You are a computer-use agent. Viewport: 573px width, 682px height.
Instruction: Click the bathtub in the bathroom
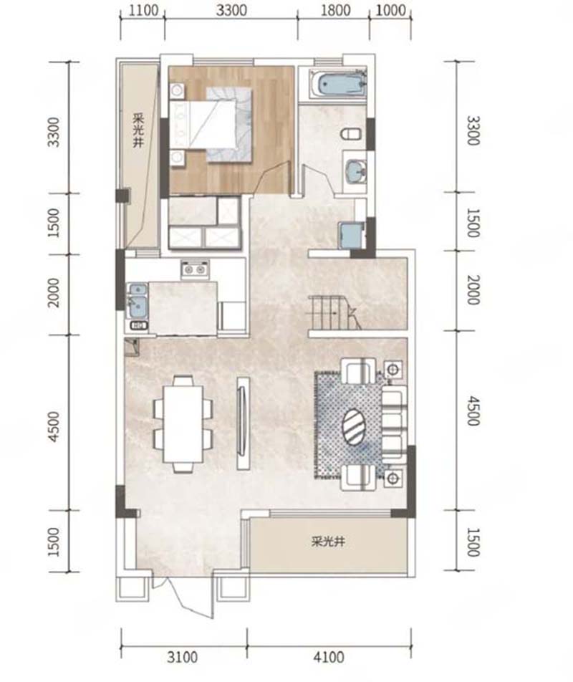(337, 85)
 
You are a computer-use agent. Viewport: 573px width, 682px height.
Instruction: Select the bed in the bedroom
(211, 125)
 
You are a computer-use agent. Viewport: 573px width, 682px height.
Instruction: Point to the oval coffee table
(355, 426)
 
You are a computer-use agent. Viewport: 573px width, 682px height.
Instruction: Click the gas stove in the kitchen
(194, 269)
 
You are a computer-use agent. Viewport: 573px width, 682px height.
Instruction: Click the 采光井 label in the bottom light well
(328, 542)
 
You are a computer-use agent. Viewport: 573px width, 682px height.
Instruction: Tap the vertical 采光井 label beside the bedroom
(138, 130)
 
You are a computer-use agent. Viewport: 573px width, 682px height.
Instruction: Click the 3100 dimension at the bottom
(183, 657)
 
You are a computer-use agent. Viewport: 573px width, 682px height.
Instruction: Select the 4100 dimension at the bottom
(329, 657)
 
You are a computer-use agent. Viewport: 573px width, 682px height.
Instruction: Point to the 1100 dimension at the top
(143, 10)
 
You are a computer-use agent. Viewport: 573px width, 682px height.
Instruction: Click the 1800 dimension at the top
(336, 10)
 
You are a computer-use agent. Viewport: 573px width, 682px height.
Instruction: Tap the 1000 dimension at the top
(391, 10)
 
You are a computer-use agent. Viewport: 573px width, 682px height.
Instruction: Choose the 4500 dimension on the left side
(54, 427)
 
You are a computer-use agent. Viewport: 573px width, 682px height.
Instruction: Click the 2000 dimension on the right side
(473, 289)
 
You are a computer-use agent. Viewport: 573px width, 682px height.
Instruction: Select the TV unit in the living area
(243, 423)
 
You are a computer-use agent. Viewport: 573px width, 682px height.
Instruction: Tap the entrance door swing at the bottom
(183, 596)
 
